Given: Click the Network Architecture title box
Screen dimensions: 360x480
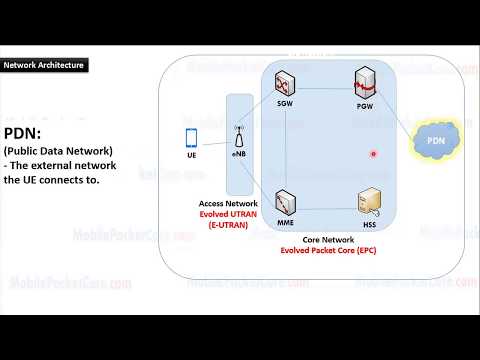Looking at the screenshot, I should tap(44, 65).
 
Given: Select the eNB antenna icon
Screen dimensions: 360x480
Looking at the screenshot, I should tap(239, 136).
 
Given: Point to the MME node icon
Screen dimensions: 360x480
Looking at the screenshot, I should tap(285, 205).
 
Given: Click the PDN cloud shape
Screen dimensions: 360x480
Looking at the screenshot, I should tap(436, 142).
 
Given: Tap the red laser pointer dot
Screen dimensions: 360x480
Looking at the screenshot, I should tap(373, 154).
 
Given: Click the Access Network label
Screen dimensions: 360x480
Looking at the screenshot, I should tap(228, 203).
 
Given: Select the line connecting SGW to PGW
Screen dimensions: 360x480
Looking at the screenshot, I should tap(325, 85).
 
